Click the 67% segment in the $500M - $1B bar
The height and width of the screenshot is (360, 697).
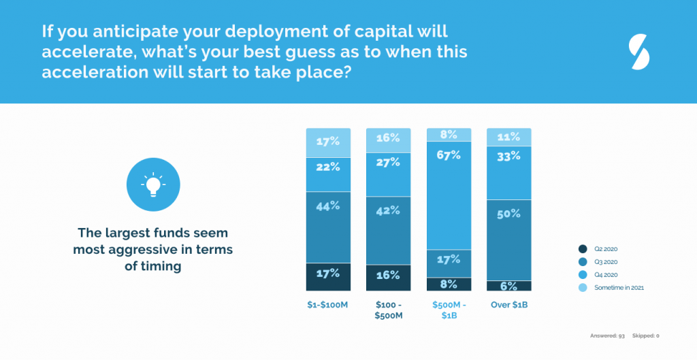(449, 195)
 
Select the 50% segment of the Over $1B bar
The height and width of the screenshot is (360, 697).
(508, 240)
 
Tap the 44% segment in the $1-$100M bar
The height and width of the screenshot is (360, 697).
(328, 227)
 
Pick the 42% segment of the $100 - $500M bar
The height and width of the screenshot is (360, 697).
(388, 230)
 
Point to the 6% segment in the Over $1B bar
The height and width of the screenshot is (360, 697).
(508, 286)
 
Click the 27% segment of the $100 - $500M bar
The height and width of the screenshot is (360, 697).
(388, 174)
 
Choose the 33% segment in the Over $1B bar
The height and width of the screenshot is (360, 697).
(508, 173)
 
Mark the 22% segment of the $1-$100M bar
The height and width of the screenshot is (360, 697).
(328, 175)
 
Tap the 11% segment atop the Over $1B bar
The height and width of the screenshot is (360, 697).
(508, 137)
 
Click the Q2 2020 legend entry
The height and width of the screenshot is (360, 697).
(602, 249)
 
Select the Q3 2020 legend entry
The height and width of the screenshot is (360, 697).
(602, 262)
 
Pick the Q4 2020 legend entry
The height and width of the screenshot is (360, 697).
(602, 275)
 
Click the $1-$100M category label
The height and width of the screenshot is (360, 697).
(328, 305)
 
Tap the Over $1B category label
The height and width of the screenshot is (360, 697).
(508, 305)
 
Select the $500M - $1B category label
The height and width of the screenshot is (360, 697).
(449, 310)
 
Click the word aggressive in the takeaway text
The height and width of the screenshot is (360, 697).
(141, 250)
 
